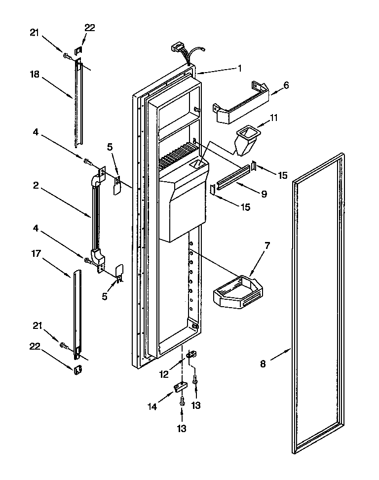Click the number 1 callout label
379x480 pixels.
pos(239,69)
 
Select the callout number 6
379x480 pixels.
pos(286,85)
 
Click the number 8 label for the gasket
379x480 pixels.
pos(263,364)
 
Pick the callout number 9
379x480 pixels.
pos(264,194)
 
